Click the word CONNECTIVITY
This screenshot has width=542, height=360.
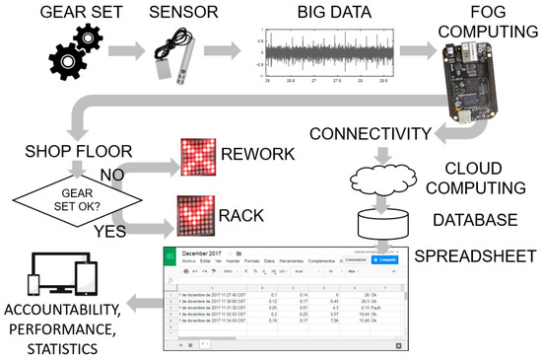click(x=369, y=133)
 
